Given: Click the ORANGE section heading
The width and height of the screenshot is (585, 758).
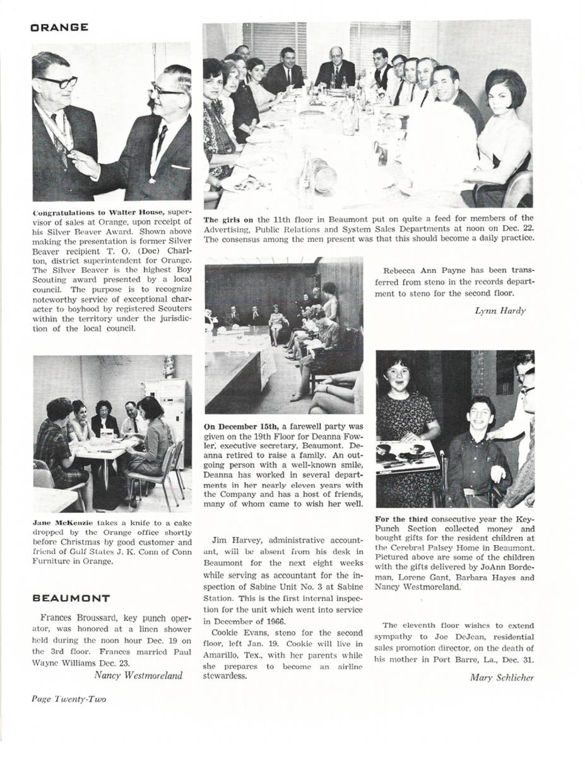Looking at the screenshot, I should (x=59, y=28).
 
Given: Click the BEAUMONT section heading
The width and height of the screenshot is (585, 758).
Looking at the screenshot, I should (x=71, y=598).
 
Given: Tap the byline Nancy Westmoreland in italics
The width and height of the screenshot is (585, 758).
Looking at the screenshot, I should (x=138, y=675).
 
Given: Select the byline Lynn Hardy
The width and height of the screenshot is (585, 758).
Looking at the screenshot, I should (x=500, y=311).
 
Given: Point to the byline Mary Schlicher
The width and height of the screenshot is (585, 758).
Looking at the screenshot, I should (x=502, y=678).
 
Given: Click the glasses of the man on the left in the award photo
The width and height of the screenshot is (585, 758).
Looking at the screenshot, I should (x=57, y=81).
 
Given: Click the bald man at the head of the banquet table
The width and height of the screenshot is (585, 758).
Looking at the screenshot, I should (x=335, y=67).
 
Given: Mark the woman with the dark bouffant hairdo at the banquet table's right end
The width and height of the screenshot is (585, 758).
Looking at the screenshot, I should (x=505, y=120).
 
